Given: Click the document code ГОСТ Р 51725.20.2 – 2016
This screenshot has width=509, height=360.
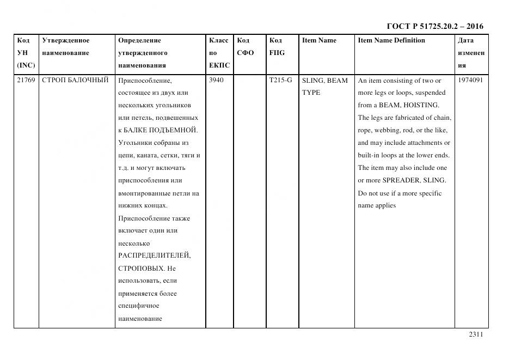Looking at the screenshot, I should pyautogui.click(x=434, y=26).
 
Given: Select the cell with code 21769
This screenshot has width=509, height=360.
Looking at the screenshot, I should pyautogui.click(x=26, y=81).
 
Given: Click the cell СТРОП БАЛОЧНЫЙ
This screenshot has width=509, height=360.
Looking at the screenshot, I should pyautogui.click(x=75, y=81).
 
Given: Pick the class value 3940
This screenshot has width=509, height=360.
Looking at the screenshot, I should pyautogui.click(x=217, y=81).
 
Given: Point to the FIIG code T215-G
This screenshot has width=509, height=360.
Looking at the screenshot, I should pyautogui.click(x=280, y=81).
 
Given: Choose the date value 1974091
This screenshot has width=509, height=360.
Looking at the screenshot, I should pyautogui.click(x=470, y=81).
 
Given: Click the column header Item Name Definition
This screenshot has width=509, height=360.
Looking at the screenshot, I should pyautogui.click(x=391, y=40).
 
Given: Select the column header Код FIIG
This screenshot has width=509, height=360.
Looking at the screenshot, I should pyautogui.click(x=277, y=47).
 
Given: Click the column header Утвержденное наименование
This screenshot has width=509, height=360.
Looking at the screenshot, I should pyautogui.click(x=66, y=47).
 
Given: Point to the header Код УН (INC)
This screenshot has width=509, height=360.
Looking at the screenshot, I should pyautogui.click(x=26, y=53).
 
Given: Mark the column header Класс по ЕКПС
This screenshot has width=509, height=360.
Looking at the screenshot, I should pyautogui.click(x=219, y=53).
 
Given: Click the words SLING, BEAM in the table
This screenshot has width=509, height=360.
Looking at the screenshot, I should pyautogui.click(x=324, y=81).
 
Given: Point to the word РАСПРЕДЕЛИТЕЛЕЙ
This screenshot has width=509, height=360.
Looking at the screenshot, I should pyautogui.click(x=154, y=255).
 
